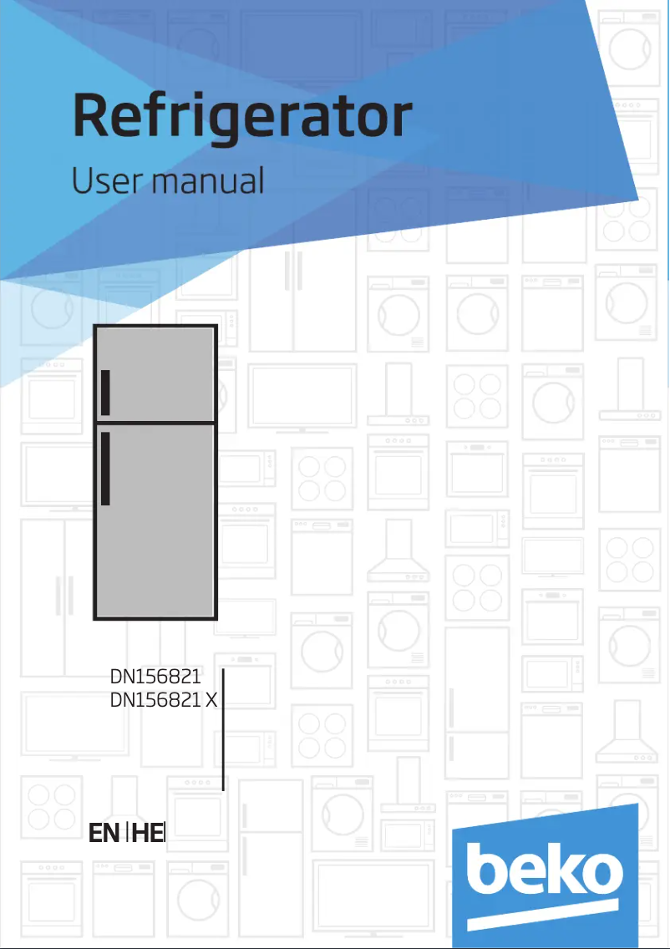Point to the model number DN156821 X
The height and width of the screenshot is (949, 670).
pyautogui.click(x=164, y=700)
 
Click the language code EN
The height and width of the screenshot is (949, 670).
pyautogui.click(x=104, y=834)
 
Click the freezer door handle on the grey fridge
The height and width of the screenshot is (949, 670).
pyautogui.click(x=105, y=392)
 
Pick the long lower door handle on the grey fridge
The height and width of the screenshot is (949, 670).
pyautogui.click(x=105, y=469)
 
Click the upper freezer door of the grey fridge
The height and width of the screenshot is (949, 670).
pyautogui.click(x=155, y=373)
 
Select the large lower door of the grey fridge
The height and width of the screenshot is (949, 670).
pyautogui.click(x=155, y=521)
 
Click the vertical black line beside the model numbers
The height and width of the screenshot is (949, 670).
pyautogui.click(x=223, y=729)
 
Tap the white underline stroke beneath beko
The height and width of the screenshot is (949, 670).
pyautogui.click(x=543, y=915)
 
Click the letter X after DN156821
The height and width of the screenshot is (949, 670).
pyautogui.click(x=211, y=700)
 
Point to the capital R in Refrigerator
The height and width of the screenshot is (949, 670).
pyautogui.click(x=92, y=115)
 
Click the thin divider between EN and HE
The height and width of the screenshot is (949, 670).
pyautogui.click(x=127, y=834)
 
